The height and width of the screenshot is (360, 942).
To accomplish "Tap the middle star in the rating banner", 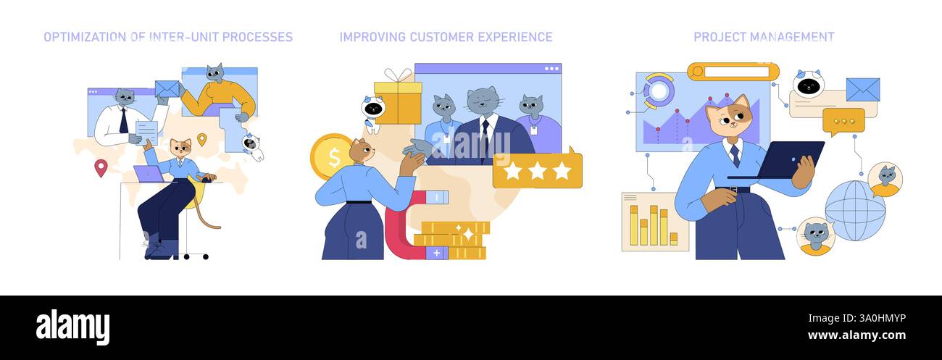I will click(x=537, y=171).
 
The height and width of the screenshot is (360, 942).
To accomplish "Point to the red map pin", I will click(x=100, y=168).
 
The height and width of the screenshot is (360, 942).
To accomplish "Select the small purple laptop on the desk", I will click(x=149, y=174).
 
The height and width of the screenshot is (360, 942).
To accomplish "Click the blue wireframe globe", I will click(x=855, y=210).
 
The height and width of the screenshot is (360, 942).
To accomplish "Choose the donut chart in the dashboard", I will click(x=659, y=91).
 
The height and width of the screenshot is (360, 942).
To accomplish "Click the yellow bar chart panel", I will click(x=654, y=222).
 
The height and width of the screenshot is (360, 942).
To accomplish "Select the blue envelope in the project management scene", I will click(x=862, y=90).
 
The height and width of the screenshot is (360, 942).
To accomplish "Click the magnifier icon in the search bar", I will click(x=697, y=72).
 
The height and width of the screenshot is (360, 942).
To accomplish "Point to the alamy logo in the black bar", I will click(x=72, y=327).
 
